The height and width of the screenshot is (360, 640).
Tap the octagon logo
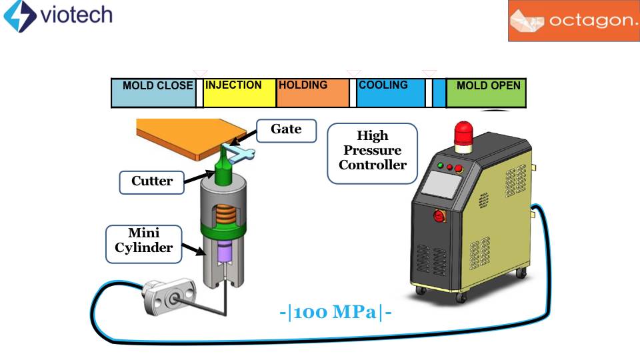[573, 21]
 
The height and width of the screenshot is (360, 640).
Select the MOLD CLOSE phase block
[153, 93]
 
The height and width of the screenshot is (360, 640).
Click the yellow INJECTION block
[239, 93]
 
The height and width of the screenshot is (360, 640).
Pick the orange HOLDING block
[312, 93]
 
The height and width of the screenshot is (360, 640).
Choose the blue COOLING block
[390, 93]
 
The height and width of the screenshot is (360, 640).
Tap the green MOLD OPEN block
[485, 93]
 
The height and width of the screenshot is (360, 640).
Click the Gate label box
[285, 129]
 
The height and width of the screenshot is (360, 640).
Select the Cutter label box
[151, 181]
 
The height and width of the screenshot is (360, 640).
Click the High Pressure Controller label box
[372, 152]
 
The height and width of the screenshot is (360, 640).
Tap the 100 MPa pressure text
[335, 312]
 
